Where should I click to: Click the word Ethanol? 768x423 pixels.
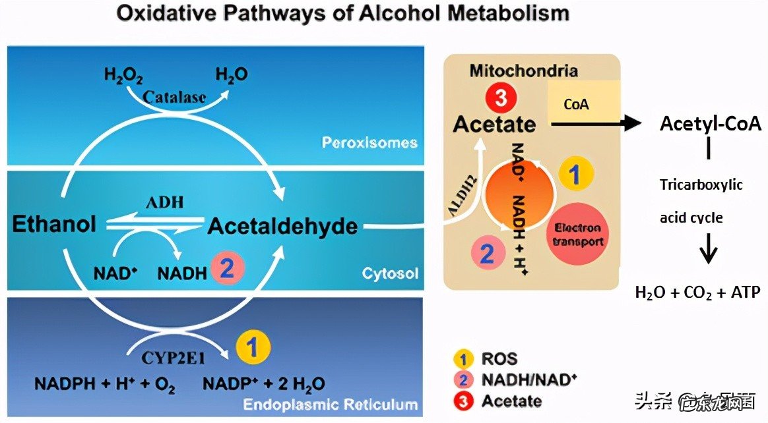(x=53, y=224)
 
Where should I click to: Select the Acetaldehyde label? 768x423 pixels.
(x=282, y=227)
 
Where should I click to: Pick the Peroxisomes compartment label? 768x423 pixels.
(x=369, y=142)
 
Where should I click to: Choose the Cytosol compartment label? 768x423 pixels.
(x=390, y=273)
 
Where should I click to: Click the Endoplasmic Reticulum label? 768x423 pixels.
(x=330, y=404)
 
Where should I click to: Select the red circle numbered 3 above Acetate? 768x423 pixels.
(x=499, y=99)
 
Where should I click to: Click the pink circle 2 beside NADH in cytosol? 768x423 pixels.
(x=228, y=270)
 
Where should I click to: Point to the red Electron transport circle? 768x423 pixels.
(x=577, y=235)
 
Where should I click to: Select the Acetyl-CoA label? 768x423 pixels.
(x=711, y=124)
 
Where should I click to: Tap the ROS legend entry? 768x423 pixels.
(x=499, y=359)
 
